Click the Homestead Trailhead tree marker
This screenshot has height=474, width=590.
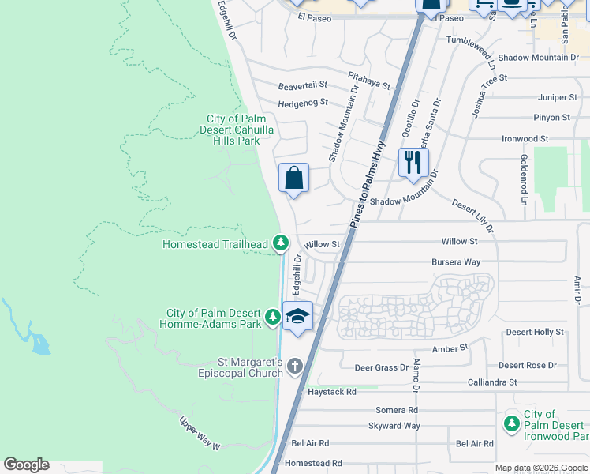[279, 244]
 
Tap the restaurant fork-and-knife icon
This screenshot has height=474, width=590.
[413, 163]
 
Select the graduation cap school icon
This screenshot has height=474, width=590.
[297, 317]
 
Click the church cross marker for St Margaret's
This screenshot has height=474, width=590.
[295, 367]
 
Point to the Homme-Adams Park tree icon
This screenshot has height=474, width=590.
[272, 318]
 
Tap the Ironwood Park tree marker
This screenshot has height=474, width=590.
[511, 425]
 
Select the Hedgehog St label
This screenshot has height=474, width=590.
[302, 103]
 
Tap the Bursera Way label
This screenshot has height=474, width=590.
[456, 261]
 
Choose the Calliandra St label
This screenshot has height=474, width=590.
[491, 382]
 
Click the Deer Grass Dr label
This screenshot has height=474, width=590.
[382, 367]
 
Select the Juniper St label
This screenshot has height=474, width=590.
[557, 97]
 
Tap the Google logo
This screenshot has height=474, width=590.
[26, 465]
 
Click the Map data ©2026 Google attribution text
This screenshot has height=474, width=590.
[541, 468]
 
